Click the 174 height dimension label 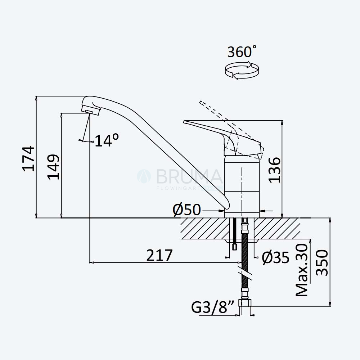coord(28,158)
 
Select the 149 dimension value coord(54,167)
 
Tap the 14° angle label coord(107,140)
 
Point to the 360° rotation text coord(242,51)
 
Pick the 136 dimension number coord(274,170)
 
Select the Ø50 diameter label coord(187,210)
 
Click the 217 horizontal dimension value coord(159,255)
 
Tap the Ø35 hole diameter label coord(276,258)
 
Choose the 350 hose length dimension coord(322,262)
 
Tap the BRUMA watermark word coord(189,176)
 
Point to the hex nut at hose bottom coord(245,303)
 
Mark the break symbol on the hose coord(245,274)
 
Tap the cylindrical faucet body coord(242,186)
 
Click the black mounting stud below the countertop coord(234,234)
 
